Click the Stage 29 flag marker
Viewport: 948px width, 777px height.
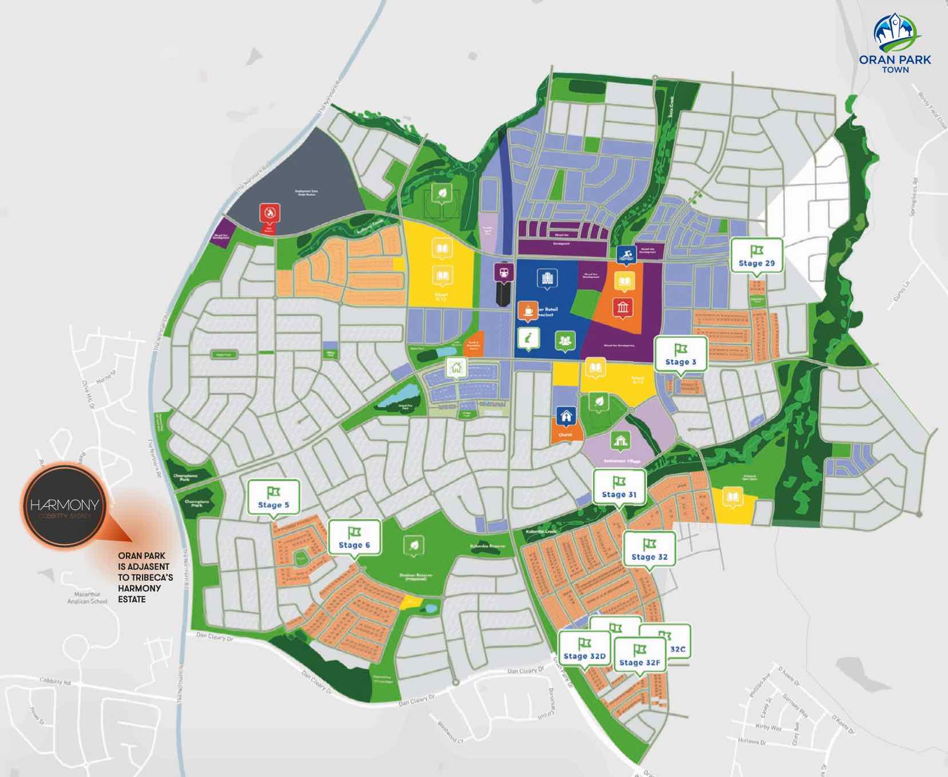[x=756, y=256]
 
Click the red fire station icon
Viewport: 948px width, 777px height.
[x=270, y=213]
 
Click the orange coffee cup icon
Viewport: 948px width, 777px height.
[x=528, y=310]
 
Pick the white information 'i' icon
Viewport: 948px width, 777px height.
[x=527, y=339]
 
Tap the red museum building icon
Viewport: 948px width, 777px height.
[x=623, y=308]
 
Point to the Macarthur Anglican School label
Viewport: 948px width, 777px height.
[x=87, y=598]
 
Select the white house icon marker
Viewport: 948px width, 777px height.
[x=456, y=368]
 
